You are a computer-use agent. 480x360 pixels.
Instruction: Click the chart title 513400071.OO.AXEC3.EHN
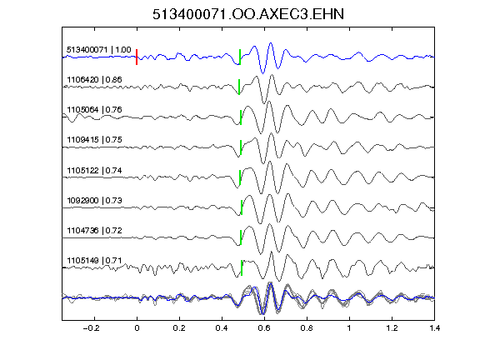click(248, 14)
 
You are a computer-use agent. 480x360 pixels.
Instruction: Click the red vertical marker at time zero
click(137, 57)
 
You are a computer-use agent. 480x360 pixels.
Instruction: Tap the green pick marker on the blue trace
click(240, 57)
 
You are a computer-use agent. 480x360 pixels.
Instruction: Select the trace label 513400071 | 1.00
click(99, 50)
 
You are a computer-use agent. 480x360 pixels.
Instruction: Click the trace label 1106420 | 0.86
click(94, 80)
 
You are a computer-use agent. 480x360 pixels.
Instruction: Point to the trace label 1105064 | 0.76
click(94, 110)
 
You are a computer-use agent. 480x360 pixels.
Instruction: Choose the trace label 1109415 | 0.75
click(94, 140)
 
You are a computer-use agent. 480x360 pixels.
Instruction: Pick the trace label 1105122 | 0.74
click(94, 170)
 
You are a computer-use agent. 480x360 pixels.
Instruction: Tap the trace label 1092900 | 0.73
click(94, 201)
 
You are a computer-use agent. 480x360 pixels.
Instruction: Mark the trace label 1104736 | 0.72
click(94, 230)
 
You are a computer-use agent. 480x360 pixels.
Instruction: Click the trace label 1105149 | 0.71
click(94, 261)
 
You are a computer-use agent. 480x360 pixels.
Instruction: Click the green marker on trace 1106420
click(239, 87)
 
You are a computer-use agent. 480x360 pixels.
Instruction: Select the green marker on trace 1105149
click(242, 267)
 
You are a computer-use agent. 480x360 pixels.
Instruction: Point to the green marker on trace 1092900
click(242, 207)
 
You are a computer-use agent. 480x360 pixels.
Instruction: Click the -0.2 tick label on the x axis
click(91, 328)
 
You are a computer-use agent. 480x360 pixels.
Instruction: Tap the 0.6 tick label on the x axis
click(264, 328)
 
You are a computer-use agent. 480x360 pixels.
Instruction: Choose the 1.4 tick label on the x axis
click(434, 328)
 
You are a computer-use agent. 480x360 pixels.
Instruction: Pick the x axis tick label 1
click(349, 328)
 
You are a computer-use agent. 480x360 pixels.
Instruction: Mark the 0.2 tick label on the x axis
click(179, 328)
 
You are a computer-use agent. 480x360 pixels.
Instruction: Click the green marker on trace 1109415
click(241, 147)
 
